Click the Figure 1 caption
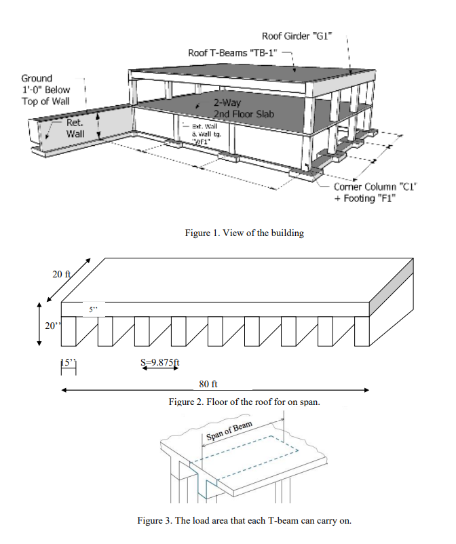[244, 233]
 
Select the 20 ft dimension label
[61, 274]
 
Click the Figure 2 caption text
[244, 402]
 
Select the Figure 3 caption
[244, 521]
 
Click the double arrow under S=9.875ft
[159, 370]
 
